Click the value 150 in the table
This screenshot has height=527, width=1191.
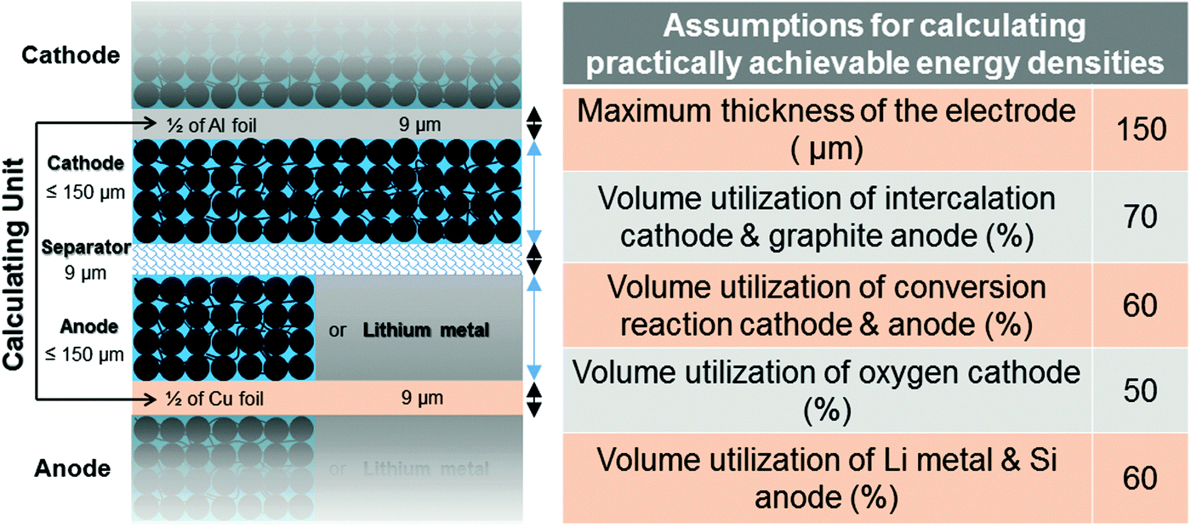[x=1141, y=129]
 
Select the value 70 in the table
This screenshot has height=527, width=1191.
[x=1141, y=217]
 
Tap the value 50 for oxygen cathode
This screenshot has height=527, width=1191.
[x=1141, y=390]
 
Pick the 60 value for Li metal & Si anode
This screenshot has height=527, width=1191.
[x=1141, y=478]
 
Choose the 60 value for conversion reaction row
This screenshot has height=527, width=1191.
[x=1141, y=305]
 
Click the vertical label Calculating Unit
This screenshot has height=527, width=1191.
[x=14, y=263]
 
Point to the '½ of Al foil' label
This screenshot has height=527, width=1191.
[x=211, y=126]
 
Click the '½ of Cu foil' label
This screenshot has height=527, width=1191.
[x=214, y=399]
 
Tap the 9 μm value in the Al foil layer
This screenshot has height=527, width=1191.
[x=420, y=125]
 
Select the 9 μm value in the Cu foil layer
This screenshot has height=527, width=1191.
[x=422, y=398]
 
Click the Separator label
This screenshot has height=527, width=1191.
[x=86, y=247]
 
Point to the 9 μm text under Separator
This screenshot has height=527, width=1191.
[x=86, y=273]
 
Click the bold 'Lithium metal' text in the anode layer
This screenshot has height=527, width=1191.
[x=426, y=330]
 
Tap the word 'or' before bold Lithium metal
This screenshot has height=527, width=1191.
[x=337, y=331]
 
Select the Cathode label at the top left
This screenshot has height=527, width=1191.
[x=71, y=55]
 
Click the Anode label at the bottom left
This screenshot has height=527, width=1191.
[x=73, y=468]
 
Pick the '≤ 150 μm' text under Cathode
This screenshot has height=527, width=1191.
[x=86, y=192]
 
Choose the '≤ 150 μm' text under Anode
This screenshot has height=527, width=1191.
[x=85, y=354]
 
